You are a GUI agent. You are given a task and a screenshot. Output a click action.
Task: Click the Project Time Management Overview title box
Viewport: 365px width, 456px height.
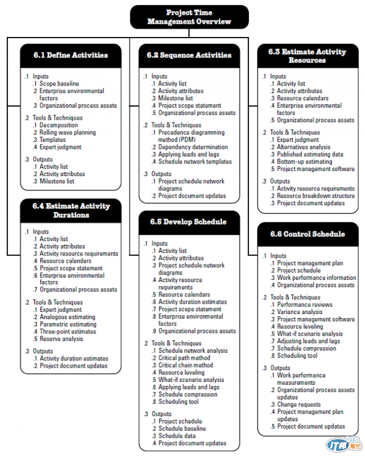190,17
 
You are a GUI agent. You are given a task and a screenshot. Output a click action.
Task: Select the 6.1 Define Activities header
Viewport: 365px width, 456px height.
70,55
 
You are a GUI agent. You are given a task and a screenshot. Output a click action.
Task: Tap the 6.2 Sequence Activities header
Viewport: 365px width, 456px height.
189,55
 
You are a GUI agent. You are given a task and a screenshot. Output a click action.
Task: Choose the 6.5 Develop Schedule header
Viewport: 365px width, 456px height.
189,222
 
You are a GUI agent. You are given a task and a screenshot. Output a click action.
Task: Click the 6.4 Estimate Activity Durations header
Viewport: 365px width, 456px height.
71,211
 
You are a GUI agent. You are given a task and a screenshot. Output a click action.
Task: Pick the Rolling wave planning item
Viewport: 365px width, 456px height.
68,132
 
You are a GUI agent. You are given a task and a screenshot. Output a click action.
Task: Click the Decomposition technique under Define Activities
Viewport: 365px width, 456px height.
59,125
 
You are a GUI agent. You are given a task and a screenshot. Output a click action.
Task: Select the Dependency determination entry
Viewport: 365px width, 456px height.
193,146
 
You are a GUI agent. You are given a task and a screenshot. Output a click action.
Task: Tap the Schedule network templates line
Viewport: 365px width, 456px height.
195,161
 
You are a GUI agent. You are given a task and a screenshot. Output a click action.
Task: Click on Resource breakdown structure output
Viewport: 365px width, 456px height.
316,196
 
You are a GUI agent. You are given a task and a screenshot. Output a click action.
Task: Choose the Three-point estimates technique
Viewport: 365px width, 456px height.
68,332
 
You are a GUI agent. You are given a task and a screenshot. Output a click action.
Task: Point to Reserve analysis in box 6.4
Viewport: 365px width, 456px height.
61,339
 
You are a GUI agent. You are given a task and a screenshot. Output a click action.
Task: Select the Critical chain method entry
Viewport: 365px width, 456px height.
186,365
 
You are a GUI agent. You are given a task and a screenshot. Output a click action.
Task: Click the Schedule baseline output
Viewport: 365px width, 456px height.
182,429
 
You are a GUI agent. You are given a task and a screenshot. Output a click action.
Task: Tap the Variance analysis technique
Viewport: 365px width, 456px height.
300,312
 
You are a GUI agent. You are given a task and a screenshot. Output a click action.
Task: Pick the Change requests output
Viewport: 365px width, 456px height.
299,404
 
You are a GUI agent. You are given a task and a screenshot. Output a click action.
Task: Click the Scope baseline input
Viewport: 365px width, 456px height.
59,84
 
